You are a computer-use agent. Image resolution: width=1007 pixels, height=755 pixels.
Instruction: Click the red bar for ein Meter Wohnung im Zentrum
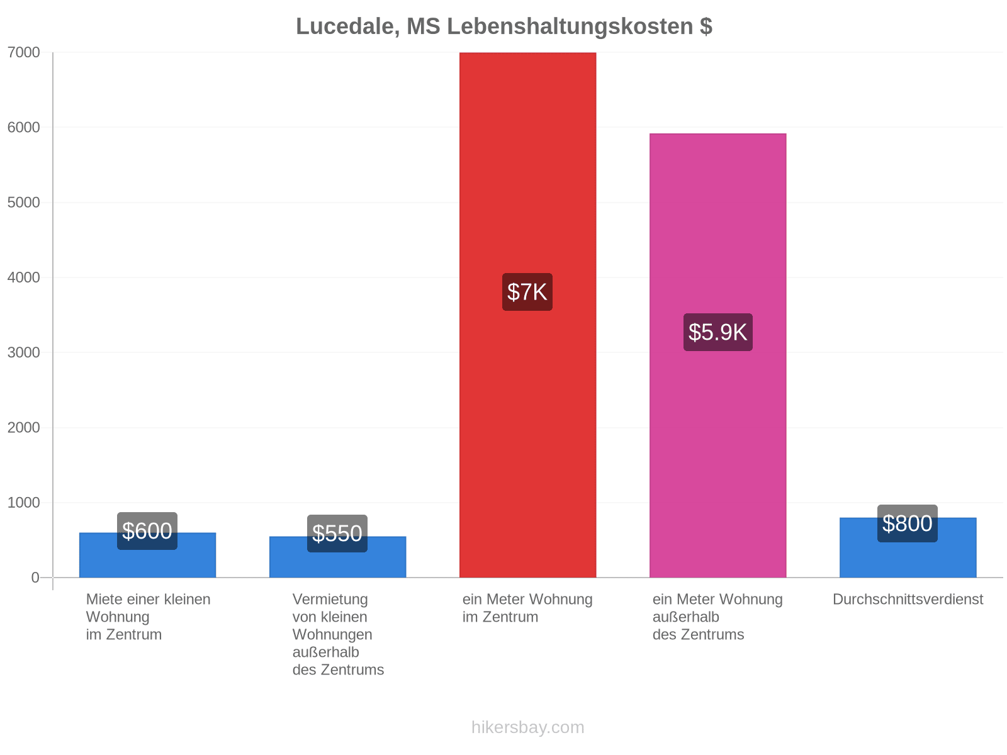click(527, 315)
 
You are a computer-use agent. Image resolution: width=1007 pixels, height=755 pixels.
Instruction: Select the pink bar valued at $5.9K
click(718, 355)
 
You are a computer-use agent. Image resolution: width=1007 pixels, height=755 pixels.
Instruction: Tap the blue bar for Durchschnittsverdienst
click(908, 548)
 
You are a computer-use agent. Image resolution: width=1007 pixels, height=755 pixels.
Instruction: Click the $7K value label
click(527, 292)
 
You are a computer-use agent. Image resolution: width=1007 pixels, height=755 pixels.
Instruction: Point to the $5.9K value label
click(718, 332)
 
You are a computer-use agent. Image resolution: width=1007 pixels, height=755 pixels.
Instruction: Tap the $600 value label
click(147, 531)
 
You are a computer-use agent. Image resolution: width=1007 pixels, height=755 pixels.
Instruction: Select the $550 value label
click(337, 534)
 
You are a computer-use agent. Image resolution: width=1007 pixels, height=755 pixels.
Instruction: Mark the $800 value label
click(908, 523)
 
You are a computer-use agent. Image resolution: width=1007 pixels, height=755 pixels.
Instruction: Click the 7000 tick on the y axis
click(24, 52)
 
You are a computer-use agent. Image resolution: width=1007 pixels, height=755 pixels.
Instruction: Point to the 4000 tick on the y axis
click(24, 277)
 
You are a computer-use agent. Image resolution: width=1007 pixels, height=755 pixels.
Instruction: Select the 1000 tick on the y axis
click(24, 503)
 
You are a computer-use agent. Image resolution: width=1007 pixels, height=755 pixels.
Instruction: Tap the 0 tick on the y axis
click(35, 578)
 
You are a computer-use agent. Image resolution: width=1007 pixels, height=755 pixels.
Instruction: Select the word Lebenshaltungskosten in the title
click(570, 26)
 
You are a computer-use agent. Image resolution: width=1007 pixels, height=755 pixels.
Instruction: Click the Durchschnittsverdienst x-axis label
click(908, 600)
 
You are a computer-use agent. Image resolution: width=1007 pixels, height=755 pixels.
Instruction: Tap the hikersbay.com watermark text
click(527, 727)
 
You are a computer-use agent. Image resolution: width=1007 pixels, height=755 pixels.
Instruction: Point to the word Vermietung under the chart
click(330, 600)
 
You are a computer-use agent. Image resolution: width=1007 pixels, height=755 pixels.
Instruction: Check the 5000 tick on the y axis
click(24, 202)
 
